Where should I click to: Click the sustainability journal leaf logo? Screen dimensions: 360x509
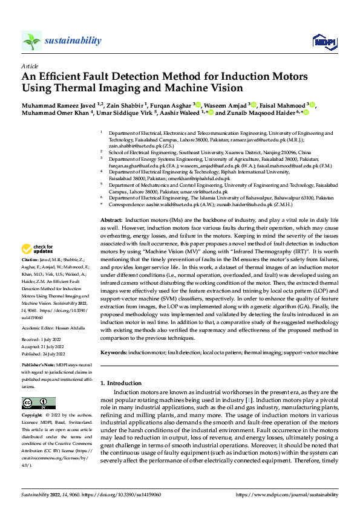(x=32, y=41)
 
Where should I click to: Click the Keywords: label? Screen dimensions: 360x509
(x=115, y=352)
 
